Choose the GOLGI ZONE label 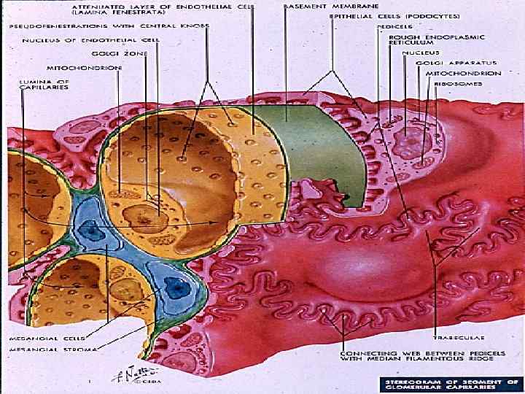tap(109, 53)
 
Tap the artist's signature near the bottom tap(127, 374)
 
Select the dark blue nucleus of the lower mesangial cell tap(176, 287)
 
